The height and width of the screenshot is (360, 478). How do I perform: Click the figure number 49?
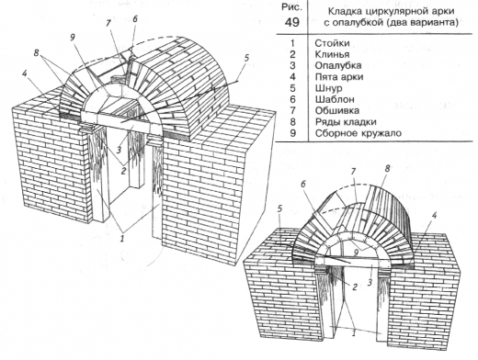(292, 22)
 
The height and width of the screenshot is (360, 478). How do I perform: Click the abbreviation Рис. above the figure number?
(291, 8)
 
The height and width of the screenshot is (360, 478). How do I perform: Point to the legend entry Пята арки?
(339, 77)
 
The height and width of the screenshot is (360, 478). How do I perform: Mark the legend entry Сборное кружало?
(358, 133)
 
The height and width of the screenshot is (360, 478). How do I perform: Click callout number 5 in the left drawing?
(247, 58)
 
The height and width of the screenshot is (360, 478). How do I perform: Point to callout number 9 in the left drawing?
(73, 38)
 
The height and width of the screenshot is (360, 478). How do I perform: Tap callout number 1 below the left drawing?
(122, 239)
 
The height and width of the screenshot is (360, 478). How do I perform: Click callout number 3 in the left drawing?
(119, 150)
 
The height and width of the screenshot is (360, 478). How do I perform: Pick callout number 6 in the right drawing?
(303, 185)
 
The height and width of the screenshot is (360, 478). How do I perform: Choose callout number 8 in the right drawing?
(387, 169)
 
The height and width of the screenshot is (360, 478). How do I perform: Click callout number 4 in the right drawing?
(434, 216)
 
